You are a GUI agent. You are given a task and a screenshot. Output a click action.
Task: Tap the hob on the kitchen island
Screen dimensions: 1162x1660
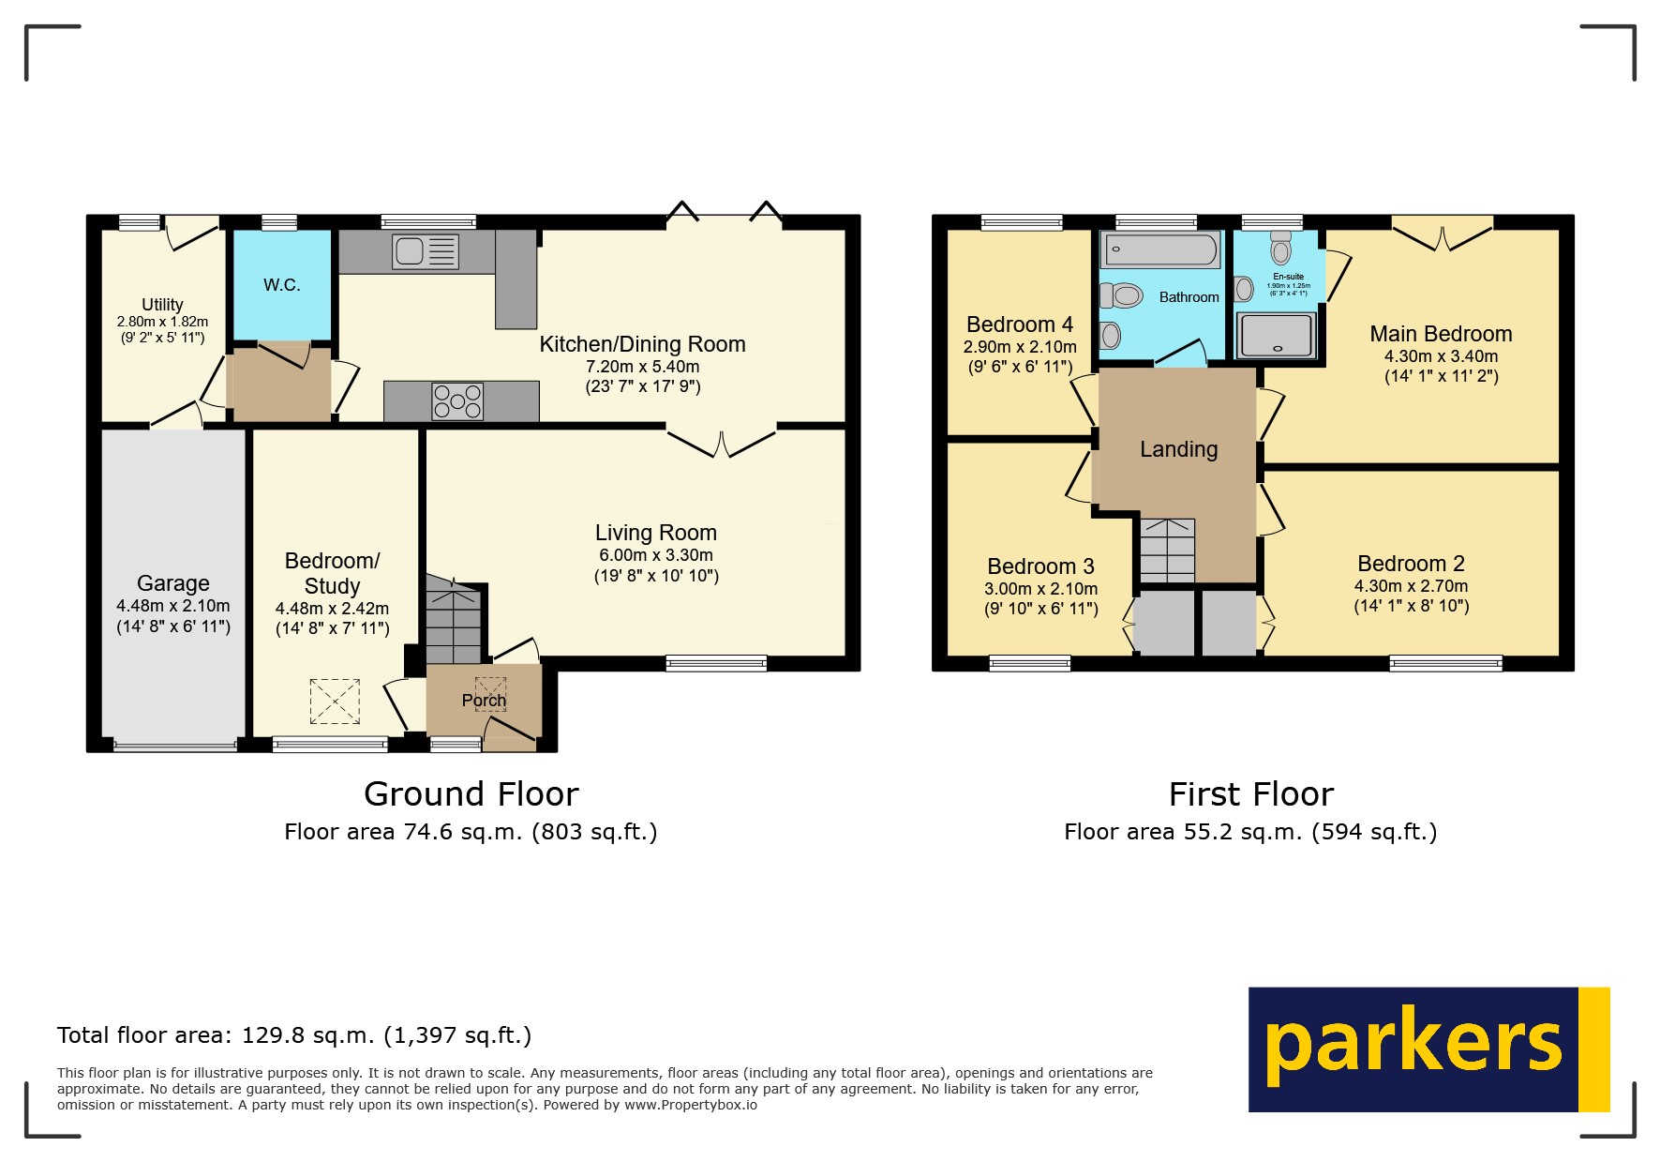point(457,401)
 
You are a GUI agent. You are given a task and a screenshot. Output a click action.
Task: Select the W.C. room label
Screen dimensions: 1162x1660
point(281,285)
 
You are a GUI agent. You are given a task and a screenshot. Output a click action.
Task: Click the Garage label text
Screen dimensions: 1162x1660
point(172,583)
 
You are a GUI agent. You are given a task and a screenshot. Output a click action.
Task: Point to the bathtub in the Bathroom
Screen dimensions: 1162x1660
point(1161,249)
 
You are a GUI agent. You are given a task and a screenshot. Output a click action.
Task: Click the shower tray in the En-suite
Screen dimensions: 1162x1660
point(1276,335)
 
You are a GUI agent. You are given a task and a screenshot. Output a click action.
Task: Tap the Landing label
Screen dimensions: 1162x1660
point(1178,449)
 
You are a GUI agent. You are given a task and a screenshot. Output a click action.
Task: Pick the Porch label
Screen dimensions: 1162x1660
point(484,701)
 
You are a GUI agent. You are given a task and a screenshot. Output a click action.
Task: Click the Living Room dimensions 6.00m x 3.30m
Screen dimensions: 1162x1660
point(656,555)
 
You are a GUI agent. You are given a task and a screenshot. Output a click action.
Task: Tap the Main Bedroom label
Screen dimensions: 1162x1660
point(1441,334)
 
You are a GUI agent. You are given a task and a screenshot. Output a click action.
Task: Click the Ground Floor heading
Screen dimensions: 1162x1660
point(471,794)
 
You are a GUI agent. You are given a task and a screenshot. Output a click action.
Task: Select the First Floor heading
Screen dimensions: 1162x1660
point(1250,794)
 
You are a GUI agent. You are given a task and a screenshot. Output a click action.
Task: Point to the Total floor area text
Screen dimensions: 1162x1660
point(294,1035)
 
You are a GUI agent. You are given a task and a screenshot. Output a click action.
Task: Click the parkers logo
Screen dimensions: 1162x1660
point(1428,1049)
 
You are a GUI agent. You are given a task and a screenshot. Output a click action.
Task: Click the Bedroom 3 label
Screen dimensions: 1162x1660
point(1040,566)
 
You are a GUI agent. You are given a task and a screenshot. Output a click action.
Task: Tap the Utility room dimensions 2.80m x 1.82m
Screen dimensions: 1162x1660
point(162,322)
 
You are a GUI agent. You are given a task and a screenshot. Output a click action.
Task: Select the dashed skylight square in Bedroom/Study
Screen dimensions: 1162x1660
point(335,701)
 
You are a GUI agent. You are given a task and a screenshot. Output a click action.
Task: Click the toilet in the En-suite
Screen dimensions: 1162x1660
point(1280,248)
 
